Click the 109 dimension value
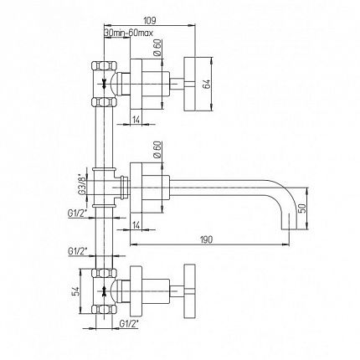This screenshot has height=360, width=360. (x=150, y=20)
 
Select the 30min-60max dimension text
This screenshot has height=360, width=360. (x=129, y=33)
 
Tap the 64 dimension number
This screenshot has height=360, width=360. (x=207, y=85)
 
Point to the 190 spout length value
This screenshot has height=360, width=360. (x=206, y=239)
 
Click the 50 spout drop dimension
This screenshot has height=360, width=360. (x=302, y=208)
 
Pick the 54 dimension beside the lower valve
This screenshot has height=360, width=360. (x=75, y=291)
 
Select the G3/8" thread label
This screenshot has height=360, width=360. (x=82, y=184)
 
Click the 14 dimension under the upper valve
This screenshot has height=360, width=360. (x=136, y=120)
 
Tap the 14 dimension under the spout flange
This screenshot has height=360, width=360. (x=136, y=225)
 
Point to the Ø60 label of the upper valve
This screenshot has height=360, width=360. (x=157, y=48)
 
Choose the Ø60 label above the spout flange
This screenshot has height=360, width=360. (x=157, y=150)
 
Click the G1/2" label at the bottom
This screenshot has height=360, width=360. (x=129, y=324)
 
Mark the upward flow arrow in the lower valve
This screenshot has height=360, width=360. (x=104, y=291)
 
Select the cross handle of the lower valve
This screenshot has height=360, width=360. (x=189, y=291)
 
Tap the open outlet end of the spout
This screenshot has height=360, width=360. (x=289, y=229)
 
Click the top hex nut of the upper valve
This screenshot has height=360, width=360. (x=104, y=66)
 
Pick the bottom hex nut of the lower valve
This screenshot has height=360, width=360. (x=104, y=310)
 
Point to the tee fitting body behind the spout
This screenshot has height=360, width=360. (x=104, y=188)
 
